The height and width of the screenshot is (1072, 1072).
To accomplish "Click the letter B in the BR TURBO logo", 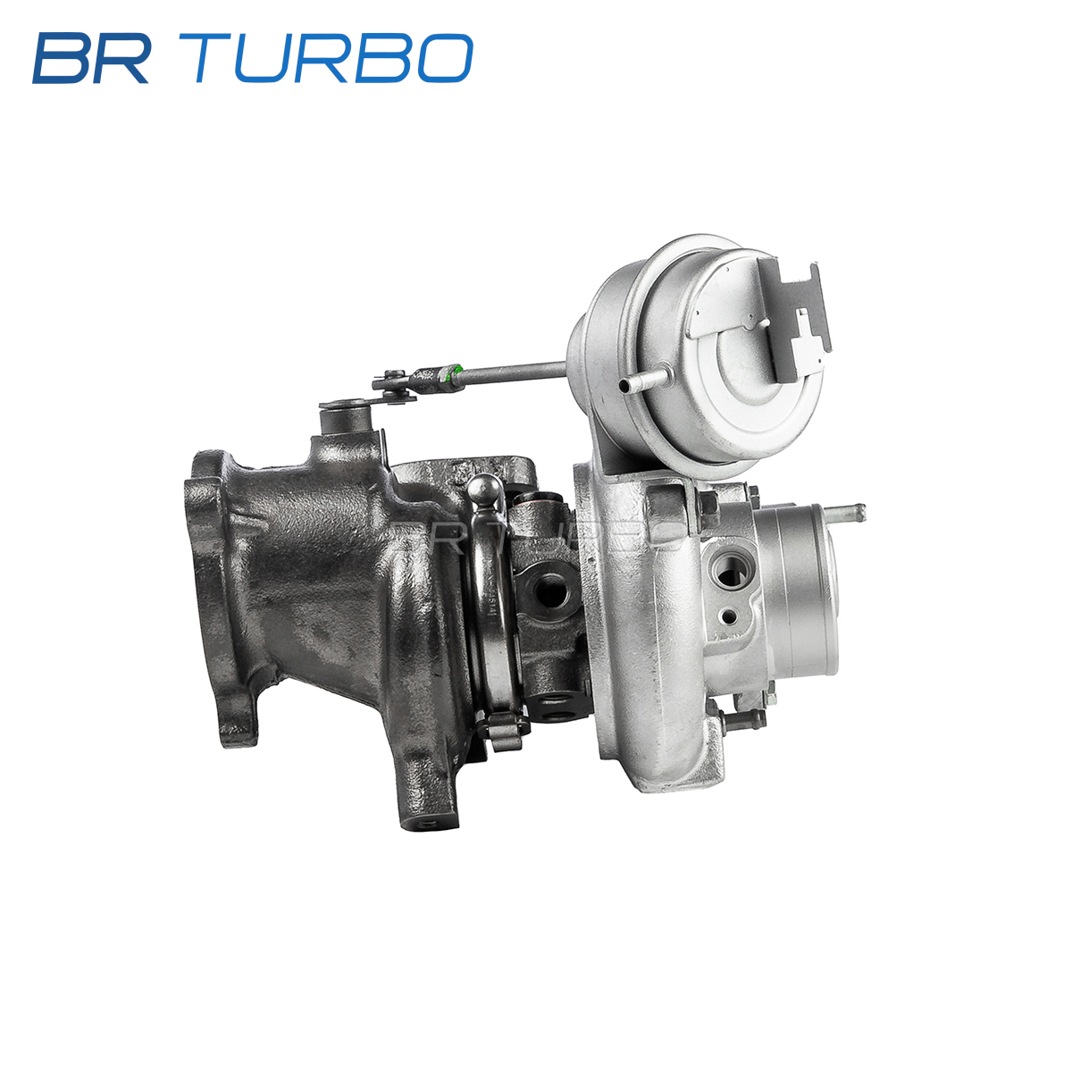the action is [61, 58].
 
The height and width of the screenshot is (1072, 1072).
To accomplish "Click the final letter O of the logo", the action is [445, 58].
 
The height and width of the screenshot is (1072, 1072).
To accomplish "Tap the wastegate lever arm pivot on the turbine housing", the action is [346, 416].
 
